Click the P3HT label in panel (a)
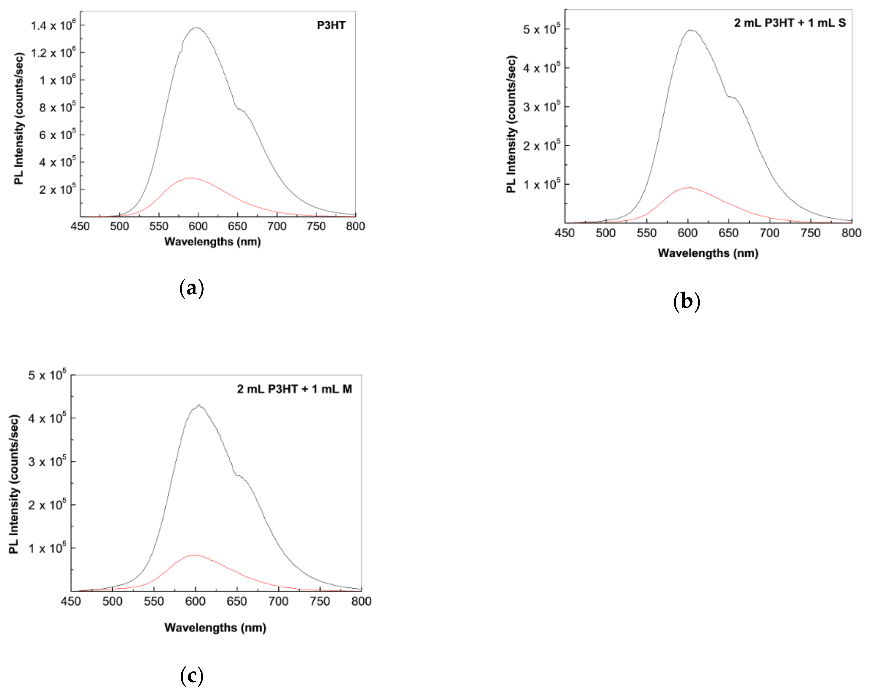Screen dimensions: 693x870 click(331, 25)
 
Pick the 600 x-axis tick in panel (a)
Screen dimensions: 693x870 click(198, 226)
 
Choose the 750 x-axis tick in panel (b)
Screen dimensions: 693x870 click(810, 233)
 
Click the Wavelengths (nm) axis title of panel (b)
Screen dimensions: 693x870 click(708, 253)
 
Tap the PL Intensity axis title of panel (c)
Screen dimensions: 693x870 click(14, 484)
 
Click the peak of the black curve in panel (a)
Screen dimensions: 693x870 click(196, 28)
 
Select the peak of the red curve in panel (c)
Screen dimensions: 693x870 click(195, 555)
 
